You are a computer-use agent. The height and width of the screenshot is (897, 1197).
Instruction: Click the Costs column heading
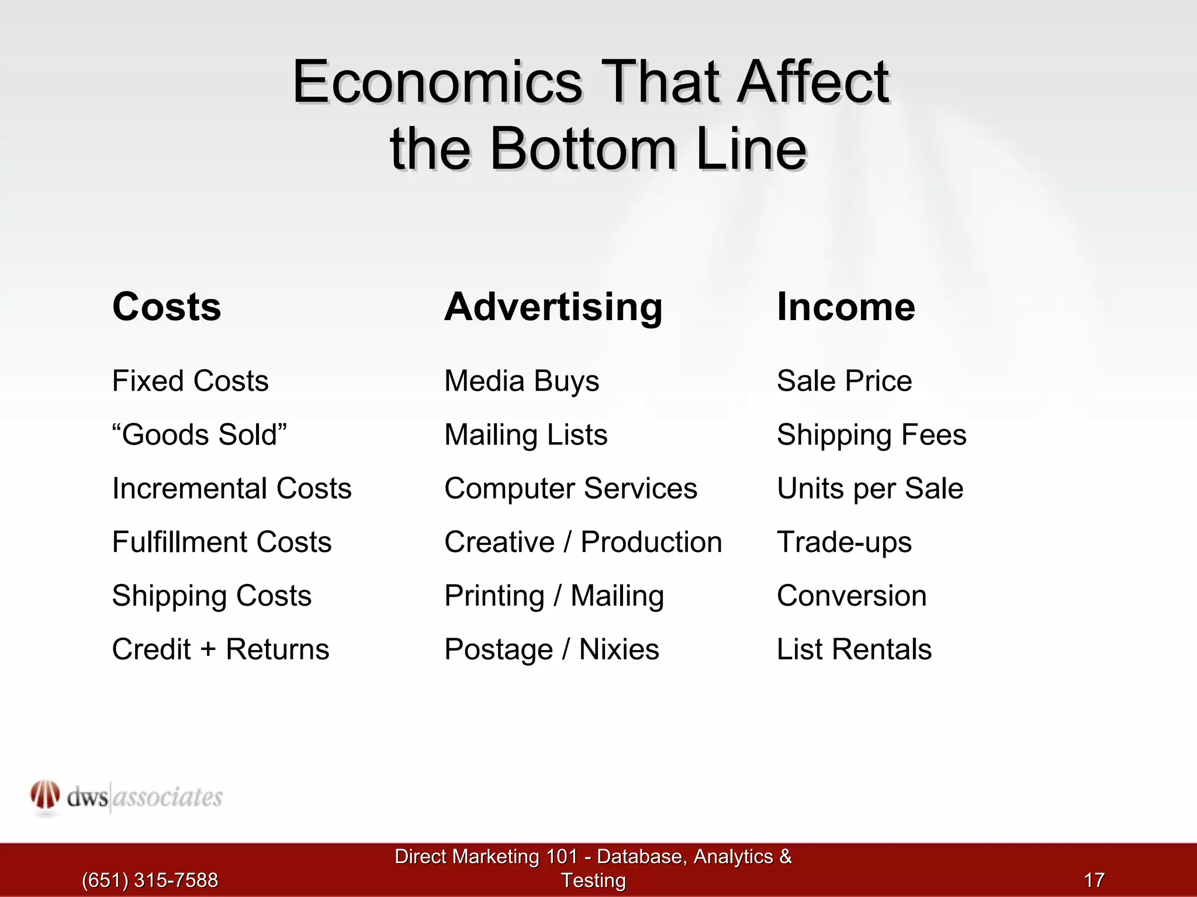pyautogui.click(x=167, y=307)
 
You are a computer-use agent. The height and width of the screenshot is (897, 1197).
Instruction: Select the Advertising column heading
pyautogui.click(x=553, y=307)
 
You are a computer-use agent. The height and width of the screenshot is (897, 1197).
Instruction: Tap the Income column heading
pyautogui.click(x=846, y=307)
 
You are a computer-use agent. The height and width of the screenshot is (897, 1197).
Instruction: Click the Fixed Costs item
pyautogui.click(x=190, y=381)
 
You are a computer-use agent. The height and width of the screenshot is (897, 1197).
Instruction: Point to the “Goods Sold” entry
pyautogui.click(x=199, y=435)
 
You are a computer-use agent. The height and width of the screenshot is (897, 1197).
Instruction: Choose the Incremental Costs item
pyautogui.click(x=231, y=489)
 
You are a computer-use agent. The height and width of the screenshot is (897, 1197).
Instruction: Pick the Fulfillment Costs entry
pyautogui.click(x=222, y=543)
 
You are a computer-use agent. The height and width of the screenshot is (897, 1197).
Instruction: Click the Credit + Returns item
pyautogui.click(x=220, y=650)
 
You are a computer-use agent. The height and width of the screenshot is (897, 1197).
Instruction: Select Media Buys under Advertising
pyautogui.click(x=521, y=381)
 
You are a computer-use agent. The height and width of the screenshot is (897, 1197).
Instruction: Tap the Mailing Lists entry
pyautogui.click(x=525, y=435)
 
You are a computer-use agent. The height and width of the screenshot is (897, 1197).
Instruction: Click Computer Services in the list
pyautogui.click(x=570, y=489)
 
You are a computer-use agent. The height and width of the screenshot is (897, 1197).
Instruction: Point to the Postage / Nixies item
pyautogui.click(x=551, y=650)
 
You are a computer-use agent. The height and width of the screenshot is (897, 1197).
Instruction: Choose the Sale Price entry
pyautogui.click(x=844, y=381)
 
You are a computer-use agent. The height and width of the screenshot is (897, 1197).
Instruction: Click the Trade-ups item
pyautogui.click(x=844, y=543)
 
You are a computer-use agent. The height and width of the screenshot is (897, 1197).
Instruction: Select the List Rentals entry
pyautogui.click(x=854, y=650)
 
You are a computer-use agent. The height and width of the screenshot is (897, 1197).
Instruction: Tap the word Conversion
pyautogui.click(x=852, y=596)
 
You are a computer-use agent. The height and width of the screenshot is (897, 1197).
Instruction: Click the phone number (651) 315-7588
pyautogui.click(x=150, y=880)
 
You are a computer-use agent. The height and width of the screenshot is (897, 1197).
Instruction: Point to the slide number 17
pyautogui.click(x=1094, y=880)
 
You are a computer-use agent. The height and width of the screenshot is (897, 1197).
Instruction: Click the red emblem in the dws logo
pyautogui.click(x=45, y=795)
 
